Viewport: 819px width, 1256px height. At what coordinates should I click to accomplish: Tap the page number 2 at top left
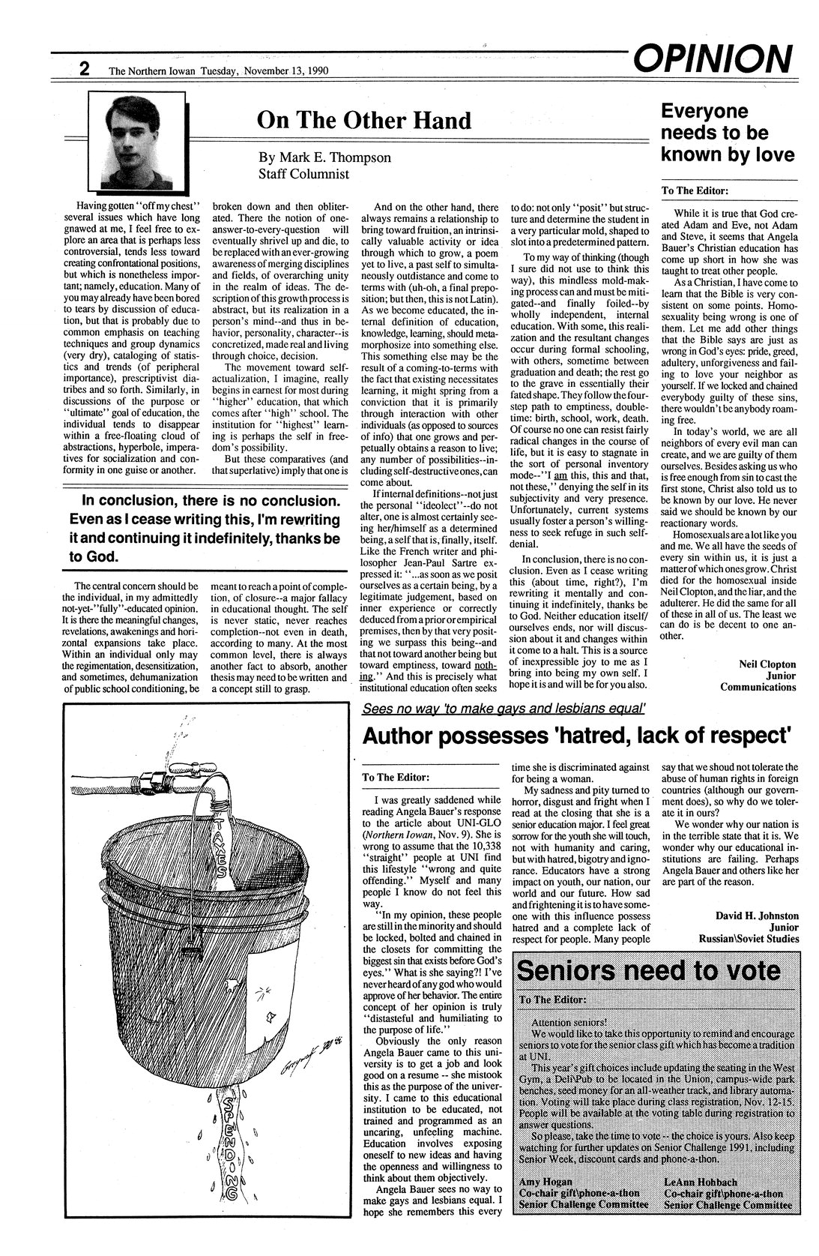(85, 70)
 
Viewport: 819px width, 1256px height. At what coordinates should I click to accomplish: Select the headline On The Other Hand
(363, 120)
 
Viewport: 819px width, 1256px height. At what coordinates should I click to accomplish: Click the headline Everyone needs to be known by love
(726, 133)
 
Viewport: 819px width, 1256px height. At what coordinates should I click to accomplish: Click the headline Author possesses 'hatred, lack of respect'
(576, 737)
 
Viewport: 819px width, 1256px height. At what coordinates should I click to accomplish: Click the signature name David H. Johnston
(757, 916)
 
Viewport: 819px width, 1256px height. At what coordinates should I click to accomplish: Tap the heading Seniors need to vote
(648, 970)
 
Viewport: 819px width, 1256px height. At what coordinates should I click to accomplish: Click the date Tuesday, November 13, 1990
(284, 71)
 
